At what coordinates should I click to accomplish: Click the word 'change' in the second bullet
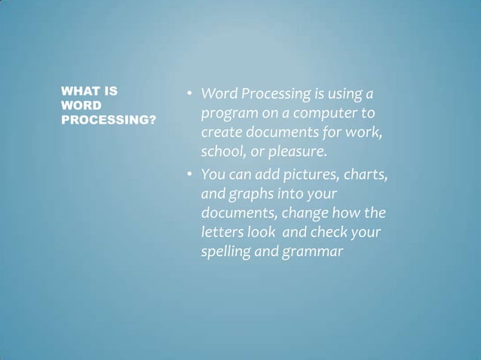[306, 213]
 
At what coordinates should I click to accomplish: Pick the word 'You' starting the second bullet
[213, 175]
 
